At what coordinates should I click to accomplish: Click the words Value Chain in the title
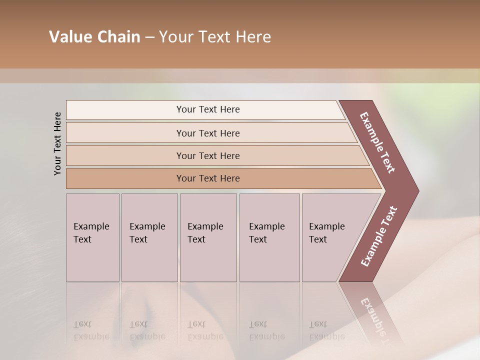(x=94, y=37)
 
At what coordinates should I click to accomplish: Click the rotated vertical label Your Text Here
(x=57, y=143)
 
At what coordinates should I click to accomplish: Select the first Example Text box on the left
(x=92, y=237)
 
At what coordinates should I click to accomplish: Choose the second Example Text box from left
(x=149, y=237)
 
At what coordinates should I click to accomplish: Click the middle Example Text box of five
(x=208, y=237)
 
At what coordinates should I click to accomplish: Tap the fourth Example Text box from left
(x=269, y=237)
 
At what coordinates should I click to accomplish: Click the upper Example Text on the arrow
(x=378, y=142)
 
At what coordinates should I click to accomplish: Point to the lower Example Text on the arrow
(x=379, y=236)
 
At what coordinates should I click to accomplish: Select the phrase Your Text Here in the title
(x=215, y=37)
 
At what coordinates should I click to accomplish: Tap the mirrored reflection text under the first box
(x=91, y=330)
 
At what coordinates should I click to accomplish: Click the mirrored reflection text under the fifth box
(x=326, y=330)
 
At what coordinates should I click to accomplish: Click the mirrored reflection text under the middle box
(x=205, y=330)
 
